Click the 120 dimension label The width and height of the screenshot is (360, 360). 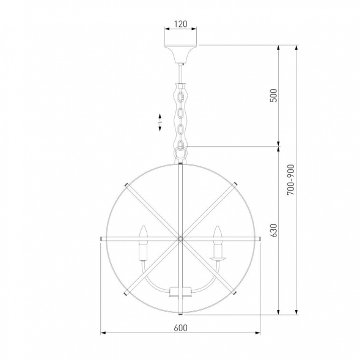tap(181, 24)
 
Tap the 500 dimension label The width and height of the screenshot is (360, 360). tap(273, 95)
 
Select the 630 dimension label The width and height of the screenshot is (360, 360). tap(274, 230)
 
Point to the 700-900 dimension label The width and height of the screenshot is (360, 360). tap(290, 180)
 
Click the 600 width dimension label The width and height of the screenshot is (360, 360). tap(180, 328)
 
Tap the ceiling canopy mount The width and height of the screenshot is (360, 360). tap(180, 54)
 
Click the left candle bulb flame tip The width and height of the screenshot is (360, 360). tap(144, 226)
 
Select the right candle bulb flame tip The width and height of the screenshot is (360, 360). tap(217, 226)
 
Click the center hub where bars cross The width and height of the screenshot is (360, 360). tap(180, 239)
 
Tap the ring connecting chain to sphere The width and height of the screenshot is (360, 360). tap(180, 153)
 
